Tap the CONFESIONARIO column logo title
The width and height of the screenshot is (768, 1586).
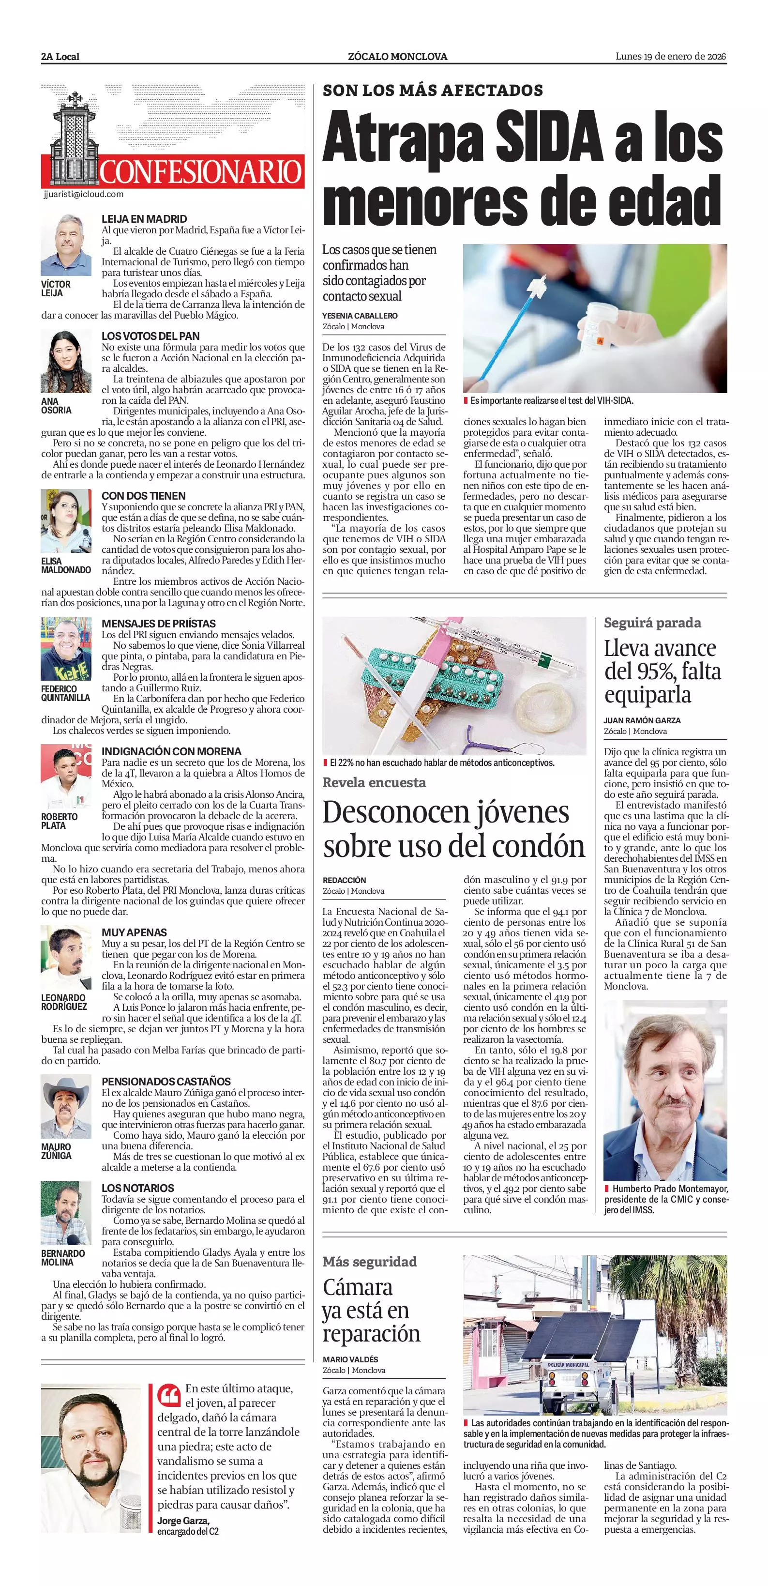click(201, 172)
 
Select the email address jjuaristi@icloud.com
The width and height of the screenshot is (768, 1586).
click(84, 195)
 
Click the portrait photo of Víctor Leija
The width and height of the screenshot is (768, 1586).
click(66, 245)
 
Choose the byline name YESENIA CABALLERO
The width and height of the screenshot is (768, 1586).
click(360, 316)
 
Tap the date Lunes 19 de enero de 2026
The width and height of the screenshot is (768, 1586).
click(671, 57)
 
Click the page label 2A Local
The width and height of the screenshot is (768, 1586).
click(60, 57)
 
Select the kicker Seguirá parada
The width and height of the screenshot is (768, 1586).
click(652, 623)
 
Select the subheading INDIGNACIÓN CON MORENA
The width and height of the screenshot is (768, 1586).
click(171, 752)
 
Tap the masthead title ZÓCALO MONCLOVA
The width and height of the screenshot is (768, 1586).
click(397, 57)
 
